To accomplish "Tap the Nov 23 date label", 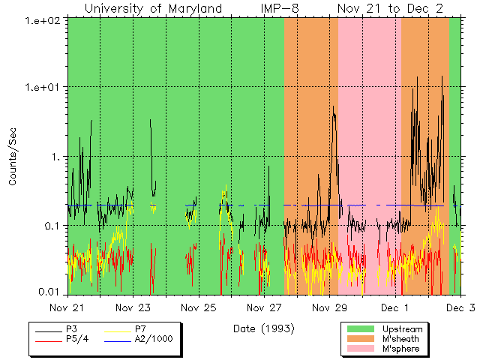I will point(133,307).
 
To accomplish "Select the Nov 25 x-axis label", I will point(199,307).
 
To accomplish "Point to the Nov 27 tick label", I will point(264,307).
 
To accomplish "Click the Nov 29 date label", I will point(329,307).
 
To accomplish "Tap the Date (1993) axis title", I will point(263,328).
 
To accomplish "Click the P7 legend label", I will point(140,329).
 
